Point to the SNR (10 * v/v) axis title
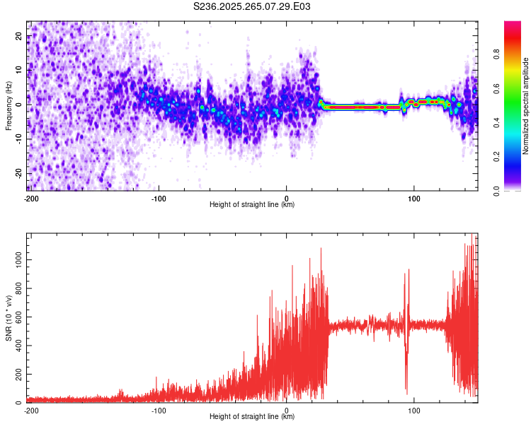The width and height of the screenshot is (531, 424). click(8, 318)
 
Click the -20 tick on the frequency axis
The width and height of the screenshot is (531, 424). click(18, 173)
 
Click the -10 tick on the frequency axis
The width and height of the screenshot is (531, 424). click(18, 139)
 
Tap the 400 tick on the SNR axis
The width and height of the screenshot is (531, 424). click(18, 346)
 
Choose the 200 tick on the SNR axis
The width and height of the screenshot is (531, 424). click(18, 375)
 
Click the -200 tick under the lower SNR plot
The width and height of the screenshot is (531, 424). click(30, 410)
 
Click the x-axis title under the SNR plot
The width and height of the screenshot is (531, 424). click(252, 417)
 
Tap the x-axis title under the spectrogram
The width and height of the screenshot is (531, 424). click(252, 205)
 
